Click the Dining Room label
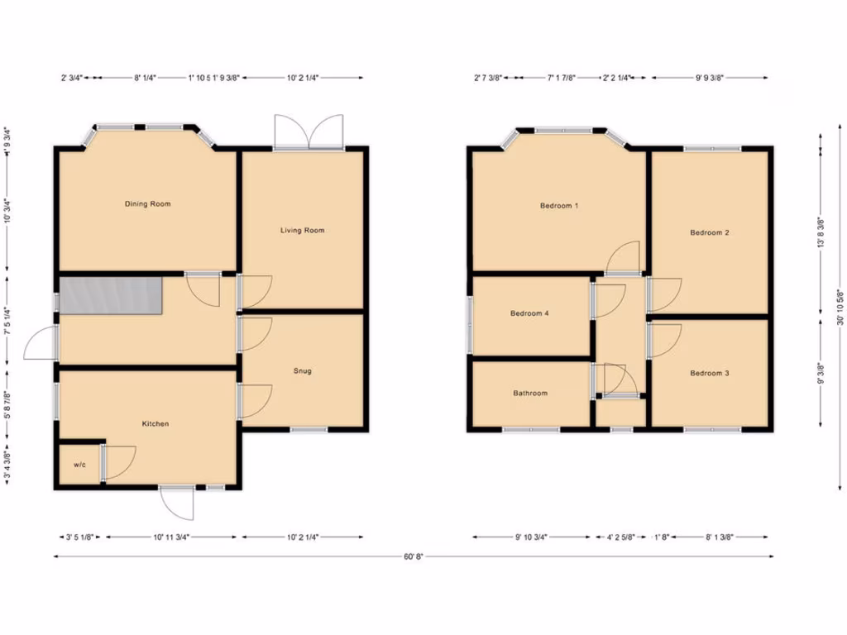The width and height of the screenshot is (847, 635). [147, 203]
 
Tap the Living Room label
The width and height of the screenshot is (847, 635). [302, 230]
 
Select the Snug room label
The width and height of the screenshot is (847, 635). [303, 370]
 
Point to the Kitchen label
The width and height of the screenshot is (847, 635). [156, 423]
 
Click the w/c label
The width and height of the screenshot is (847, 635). [79, 465]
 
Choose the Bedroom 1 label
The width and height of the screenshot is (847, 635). [558, 205]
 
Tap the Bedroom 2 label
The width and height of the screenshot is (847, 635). [710, 232]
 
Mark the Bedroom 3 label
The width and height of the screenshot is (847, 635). [710, 373]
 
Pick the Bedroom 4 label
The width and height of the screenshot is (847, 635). [529, 313]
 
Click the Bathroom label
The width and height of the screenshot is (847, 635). [530, 393]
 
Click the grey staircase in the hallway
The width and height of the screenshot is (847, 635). [110, 295]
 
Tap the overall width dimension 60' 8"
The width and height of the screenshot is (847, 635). [414, 556]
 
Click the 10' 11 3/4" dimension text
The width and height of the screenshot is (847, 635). [172, 537]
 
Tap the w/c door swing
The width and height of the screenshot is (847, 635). [120, 462]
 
